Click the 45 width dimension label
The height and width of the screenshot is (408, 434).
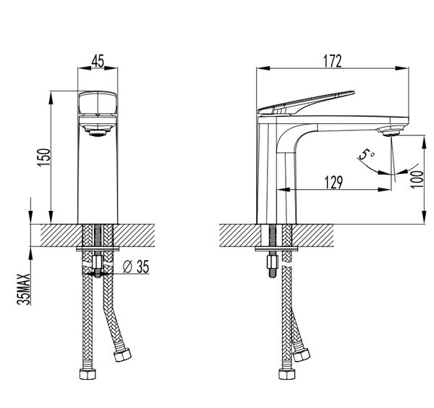tap(98, 61)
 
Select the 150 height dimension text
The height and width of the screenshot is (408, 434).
tap(44, 157)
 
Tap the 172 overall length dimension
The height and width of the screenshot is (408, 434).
tap(333, 62)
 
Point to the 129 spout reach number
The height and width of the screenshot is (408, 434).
tap(333, 182)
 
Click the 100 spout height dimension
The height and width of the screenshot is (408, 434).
tap(417, 180)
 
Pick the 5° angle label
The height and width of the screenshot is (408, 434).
tap(366, 154)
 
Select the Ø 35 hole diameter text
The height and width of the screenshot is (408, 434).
tap(136, 267)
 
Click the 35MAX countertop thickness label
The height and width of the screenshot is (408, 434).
tap(24, 289)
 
